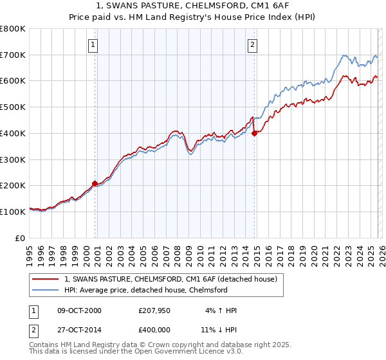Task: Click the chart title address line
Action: pyautogui.click(x=192, y=6)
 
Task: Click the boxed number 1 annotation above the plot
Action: pyautogui.click(x=93, y=45)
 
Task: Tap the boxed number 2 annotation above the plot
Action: pyautogui.click(x=252, y=45)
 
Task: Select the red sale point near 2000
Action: pyautogui.click(x=95, y=183)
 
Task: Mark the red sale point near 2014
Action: pyautogui.click(x=255, y=133)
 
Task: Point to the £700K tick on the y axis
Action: pyautogui.click(x=13, y=55)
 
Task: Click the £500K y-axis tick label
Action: pyautogui.click(x=13, y=107)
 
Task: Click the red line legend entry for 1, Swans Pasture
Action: pyautogui.click(x=170, y=279)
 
